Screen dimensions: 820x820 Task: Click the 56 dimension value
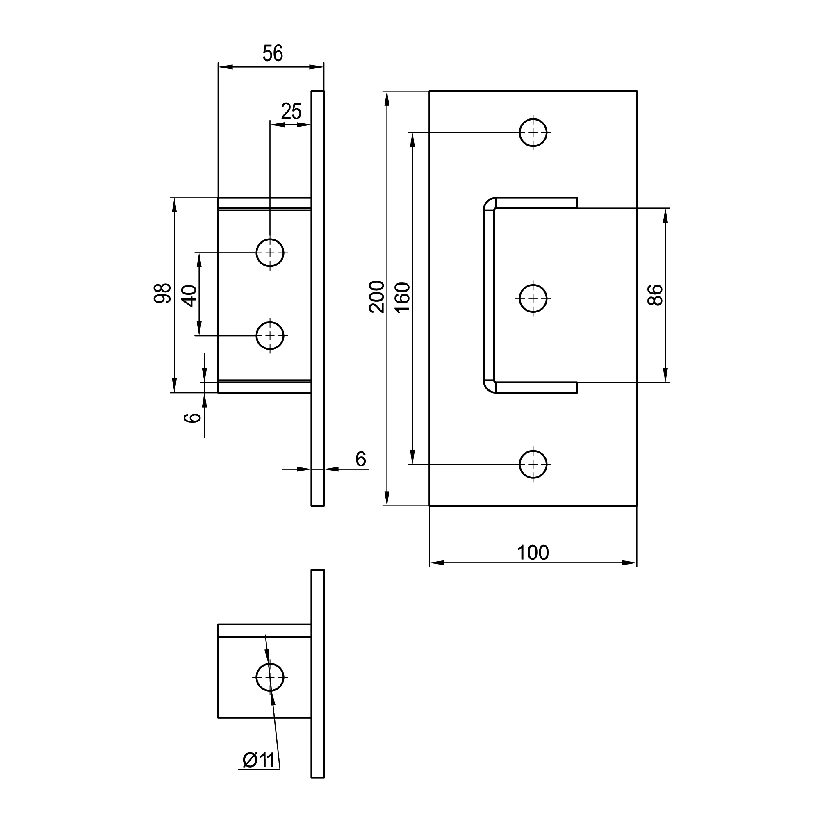tap(273, 53)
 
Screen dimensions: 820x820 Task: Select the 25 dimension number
tap(291, 112)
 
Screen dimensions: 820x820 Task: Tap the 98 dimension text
tap(162, 293)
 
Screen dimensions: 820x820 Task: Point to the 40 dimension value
tap(190, 296)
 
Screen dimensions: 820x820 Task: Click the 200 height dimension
tap(377, 297)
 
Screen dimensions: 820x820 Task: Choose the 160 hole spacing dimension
tap(402, 297)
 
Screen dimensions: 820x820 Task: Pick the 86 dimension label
tap(656, 295)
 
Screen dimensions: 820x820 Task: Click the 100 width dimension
tap(533, 553)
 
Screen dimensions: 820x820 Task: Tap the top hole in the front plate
tap(533, 132)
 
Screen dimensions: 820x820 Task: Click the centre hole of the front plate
tap(533, 298)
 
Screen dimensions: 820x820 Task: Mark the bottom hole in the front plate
tap(533, 465)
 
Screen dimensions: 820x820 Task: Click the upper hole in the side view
tap(270, 253)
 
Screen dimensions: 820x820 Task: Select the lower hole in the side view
tap(270, 336)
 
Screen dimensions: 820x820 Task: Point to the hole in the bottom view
tap(270, 677)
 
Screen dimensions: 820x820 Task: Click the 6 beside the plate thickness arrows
tap(360, 459)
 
